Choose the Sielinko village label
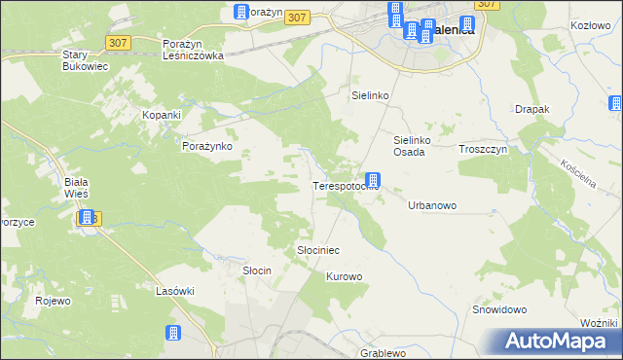click(x=370, y=96)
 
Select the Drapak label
click(x=533, y=109)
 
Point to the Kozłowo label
click(x=589, y=24)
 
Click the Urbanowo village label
click(x=432, y=206)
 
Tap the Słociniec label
click(x=317, y=250)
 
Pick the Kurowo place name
click(x=344, y=277)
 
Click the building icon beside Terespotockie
click(x=373, y=180)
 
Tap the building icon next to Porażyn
click(x=241, y=12)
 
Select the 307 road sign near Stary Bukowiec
click(x=119, y=42)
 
